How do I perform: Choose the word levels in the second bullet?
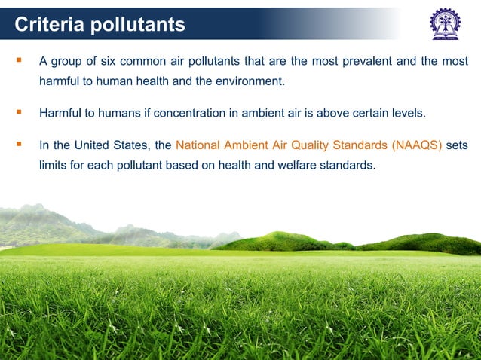click(x=405, y=114)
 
